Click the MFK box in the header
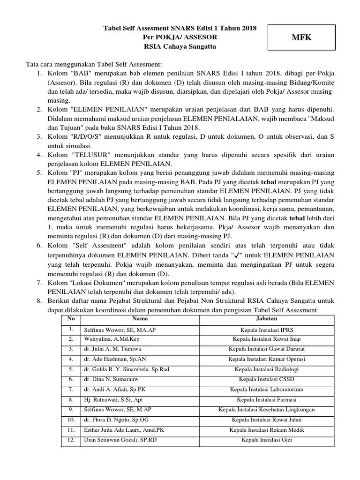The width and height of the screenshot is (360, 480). [x=302, y=37]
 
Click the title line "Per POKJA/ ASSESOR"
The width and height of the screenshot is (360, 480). [x=180, y=37]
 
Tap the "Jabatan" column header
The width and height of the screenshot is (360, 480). [x=266, y=319]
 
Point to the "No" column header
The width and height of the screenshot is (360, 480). [x=71, y=319]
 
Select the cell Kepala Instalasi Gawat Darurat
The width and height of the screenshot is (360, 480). [x=266, y=349]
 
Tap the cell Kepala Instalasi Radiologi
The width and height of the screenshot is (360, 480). [x=266, y=369]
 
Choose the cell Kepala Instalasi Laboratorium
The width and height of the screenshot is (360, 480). [x=266, y=390]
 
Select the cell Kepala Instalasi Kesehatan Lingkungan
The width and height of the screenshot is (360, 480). [x=266, y=410]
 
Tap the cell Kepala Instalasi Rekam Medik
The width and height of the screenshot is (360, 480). [x=266, y=430]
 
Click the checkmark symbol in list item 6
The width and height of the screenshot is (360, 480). [x=236, y=255]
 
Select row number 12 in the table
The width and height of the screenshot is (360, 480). [x=71, y=440]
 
